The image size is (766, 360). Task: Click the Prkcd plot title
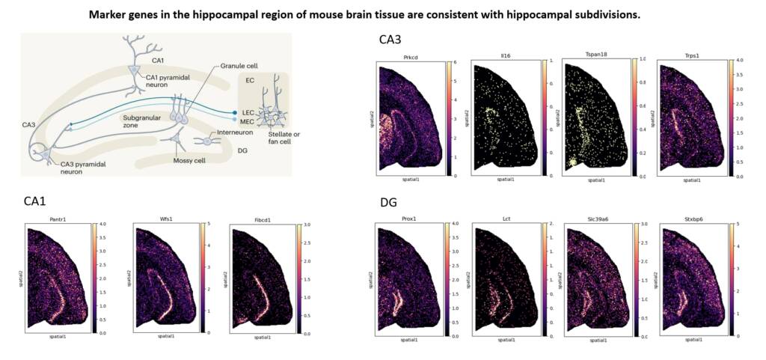(411, 56)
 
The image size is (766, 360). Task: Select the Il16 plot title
(505, 56)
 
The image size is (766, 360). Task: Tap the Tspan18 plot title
(595, 56)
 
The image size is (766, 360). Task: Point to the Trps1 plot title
(689, 56)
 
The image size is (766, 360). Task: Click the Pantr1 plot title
(57, 218)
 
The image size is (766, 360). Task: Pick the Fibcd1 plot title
(264, 218)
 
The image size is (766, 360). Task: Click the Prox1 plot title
(411, 218)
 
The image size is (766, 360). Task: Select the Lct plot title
(506, 218)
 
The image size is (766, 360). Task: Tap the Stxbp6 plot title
(690, 218)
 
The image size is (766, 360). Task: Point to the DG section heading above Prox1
(389, 202)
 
